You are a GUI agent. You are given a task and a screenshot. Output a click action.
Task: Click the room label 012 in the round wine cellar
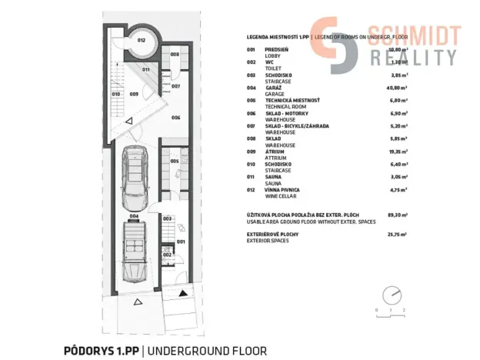coord(142,40)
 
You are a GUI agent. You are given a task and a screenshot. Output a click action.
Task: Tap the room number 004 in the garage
coord(133,216)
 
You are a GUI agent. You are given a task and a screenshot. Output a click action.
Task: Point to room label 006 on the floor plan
coord(175,118)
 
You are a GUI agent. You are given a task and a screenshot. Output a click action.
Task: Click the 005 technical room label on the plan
coord(175,161)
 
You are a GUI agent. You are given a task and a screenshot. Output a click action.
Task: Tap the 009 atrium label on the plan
coord(134,95)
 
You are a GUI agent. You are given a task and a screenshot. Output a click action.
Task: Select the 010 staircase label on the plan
coord(116,95)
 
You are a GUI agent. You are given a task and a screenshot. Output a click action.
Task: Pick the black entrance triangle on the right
coord(182,292)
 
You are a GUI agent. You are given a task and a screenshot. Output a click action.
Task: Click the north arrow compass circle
coord(392,294)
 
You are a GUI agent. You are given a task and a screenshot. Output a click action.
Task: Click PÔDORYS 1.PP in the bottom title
coord(101,350)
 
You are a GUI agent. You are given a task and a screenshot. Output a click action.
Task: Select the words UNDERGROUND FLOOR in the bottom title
coord(207,350)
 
